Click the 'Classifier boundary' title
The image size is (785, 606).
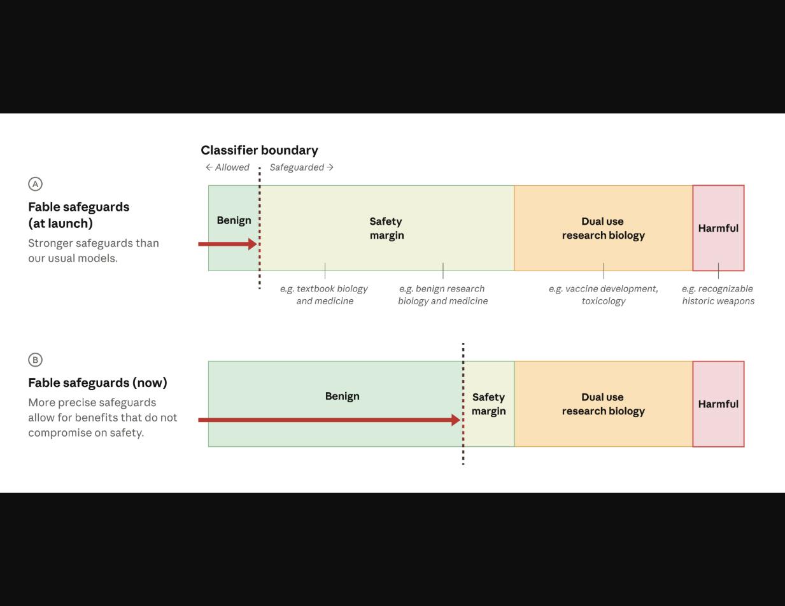coord(259,150)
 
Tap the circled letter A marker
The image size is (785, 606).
coord(36,184)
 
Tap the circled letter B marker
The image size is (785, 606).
coord(36,360)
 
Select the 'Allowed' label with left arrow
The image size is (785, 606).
coord(227,167)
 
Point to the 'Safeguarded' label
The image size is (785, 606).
coord(302,167)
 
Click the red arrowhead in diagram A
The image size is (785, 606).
coord(253,244)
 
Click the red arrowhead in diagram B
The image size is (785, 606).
coord(456,419)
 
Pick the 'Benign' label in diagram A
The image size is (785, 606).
coord(234,220)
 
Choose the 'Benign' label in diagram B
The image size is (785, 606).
coord(342,396)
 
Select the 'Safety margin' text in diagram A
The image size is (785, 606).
coord(386,229)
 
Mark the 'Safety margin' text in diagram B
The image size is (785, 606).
coord(488,404)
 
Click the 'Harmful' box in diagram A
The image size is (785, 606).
coord(718,228)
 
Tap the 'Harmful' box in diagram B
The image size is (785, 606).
coord(718,404)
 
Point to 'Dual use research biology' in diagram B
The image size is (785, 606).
coord(604,404)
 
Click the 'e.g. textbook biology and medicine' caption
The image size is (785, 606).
coord(325,295)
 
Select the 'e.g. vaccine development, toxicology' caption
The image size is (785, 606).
coord(604,295)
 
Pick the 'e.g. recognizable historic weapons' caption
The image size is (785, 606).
coord(718,295)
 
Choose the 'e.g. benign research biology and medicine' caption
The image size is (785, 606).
coord(443,295)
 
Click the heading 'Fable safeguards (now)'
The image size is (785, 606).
coord(97,383)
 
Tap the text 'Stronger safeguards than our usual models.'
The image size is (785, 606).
coord(94,251)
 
